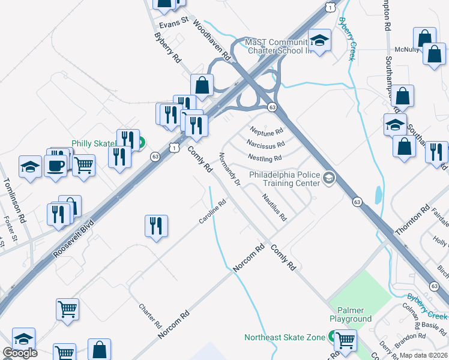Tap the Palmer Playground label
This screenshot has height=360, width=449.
351,314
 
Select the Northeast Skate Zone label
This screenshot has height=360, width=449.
285,338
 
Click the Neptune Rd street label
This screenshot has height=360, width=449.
266,131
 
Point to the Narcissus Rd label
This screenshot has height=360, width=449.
265,144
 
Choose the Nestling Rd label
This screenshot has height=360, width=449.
264,158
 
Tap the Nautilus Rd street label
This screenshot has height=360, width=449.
274,207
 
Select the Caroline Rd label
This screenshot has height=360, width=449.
212,212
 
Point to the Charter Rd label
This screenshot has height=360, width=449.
150,316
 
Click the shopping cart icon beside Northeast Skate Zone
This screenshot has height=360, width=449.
346,340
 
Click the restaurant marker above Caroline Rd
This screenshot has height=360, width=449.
156,226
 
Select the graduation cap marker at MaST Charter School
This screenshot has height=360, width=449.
320,40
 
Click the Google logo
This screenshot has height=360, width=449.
20,353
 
